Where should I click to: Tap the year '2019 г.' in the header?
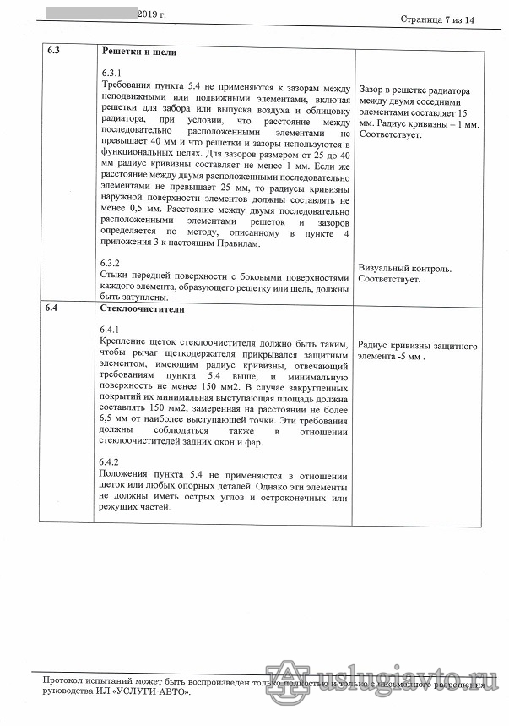pyautogui.click(x=157, y=14)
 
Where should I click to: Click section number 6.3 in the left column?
pyautogui.click(x=53, y=52)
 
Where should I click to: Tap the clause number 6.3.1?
pyautogui.click(x=111, y=74)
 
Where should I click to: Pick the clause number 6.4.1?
pyautogui.click(x=111, y=330)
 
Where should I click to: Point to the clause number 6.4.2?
pyautogui.click(x=111, y=461)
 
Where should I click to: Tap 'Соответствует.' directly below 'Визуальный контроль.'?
pyautogui.click(x=390, y=279)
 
